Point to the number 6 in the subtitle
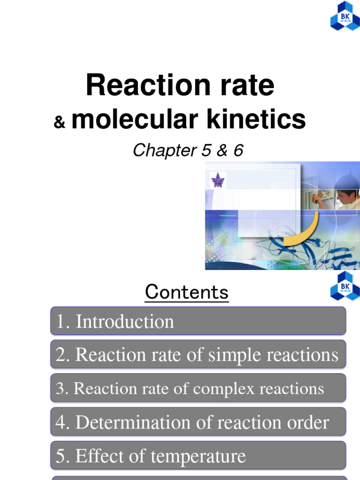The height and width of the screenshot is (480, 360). coord(238,150)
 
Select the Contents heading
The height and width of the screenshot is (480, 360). coord(187,292)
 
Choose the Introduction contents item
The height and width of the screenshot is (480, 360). coord(124,322)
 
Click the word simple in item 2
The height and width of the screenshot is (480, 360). coord(234,355)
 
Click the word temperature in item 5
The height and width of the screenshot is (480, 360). coord(202,456)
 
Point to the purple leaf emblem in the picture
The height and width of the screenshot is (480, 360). coord(217,180)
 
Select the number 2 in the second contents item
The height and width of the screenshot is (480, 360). coord(60,355)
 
